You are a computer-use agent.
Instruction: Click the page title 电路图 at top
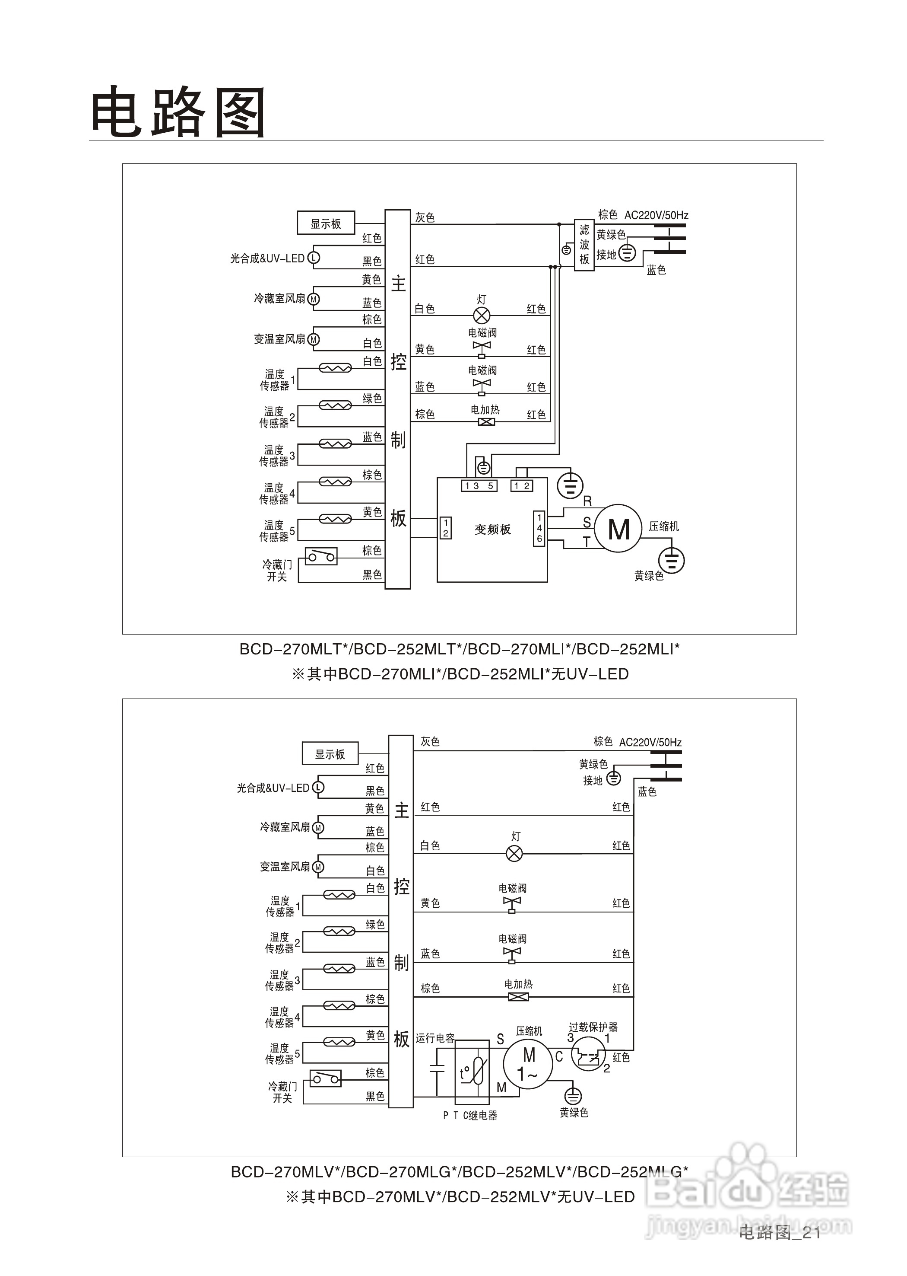coord(178,112)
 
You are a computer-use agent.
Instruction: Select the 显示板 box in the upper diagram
coord(326,223)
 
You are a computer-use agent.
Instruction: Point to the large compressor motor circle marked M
coord(618,529)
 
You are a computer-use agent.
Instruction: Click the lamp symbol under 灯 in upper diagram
coord(482,315)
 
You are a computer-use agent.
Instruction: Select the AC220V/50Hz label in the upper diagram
coord(656,215)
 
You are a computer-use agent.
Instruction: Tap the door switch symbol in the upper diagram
coord(321,556)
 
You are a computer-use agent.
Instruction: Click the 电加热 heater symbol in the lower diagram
coord(518,996)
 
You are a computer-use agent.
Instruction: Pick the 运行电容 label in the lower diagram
coord(434,1037)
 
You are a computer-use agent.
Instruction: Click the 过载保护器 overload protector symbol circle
coord(588,1053)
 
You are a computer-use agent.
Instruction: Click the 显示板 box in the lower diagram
coord(330,753)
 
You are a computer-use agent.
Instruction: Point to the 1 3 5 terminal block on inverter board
coord(479,486)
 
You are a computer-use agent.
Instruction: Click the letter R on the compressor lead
coord(587,501)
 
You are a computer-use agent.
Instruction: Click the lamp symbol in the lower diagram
coord(514,853)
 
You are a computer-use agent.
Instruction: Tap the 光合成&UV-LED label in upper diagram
coord(267,258)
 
